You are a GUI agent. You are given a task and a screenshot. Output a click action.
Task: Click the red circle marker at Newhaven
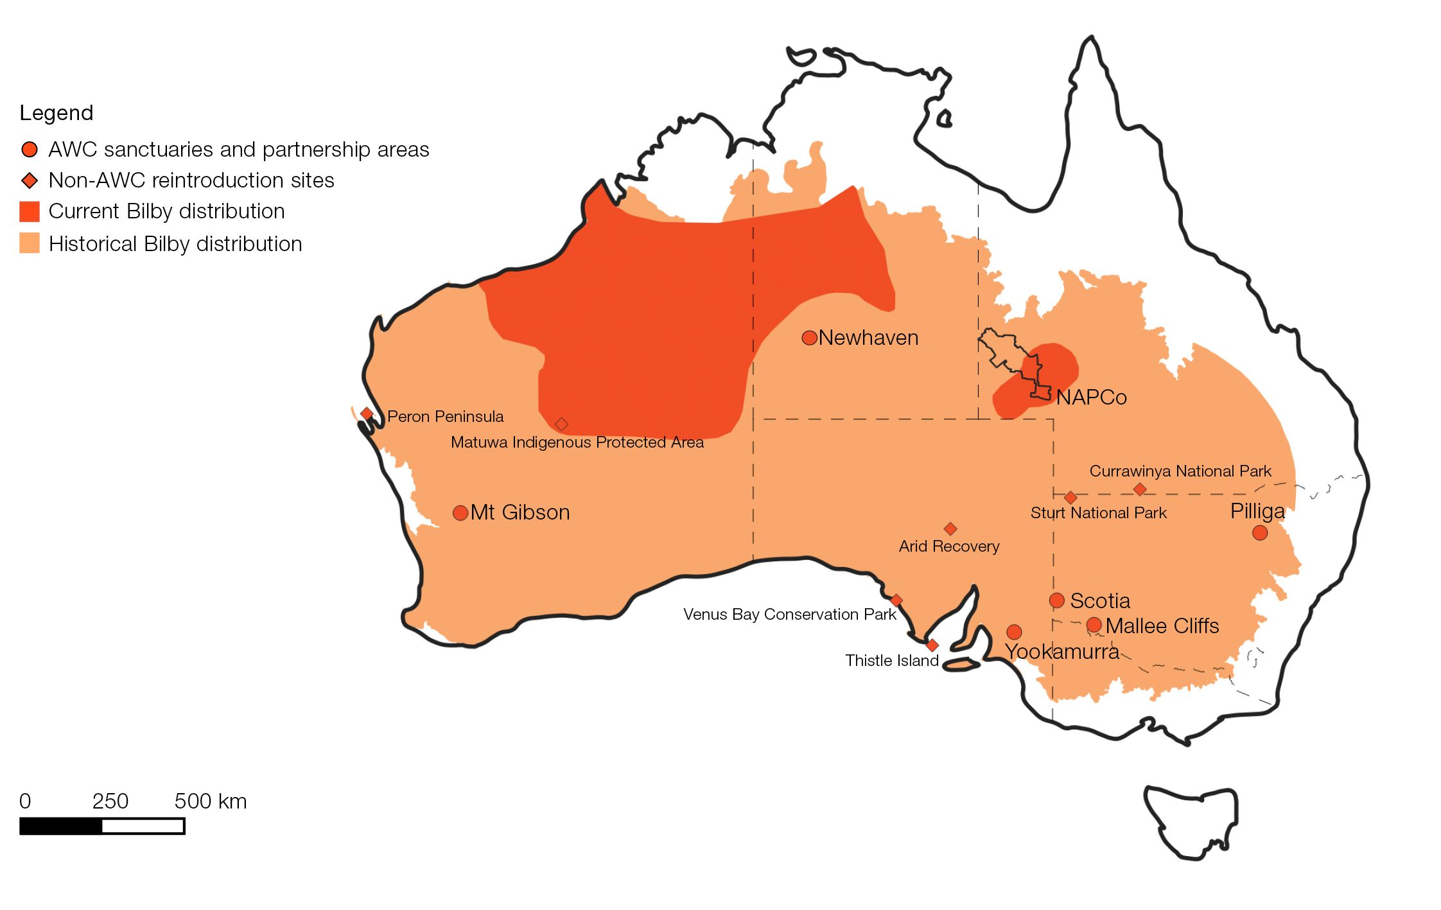coord(809,338)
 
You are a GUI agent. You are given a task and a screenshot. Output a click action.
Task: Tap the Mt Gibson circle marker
coord(460,513)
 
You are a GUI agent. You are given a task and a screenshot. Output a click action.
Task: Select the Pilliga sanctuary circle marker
coord(1259,532)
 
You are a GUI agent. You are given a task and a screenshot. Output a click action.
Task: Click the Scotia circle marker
coord(1056,600)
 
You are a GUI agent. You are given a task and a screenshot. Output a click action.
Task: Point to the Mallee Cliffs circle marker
coord(1094,625)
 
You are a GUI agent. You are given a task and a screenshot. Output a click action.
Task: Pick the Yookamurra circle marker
coord(1014,632)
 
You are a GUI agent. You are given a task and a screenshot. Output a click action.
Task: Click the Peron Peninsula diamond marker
coord(367,414)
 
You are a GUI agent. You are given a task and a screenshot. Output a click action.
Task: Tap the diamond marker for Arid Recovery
coord(950,529)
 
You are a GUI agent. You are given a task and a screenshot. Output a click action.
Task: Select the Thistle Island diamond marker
coord(932,645)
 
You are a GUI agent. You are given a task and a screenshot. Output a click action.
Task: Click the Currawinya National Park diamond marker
coord(1140,489)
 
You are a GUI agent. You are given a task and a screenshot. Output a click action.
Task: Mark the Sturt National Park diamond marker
coord(1070,498)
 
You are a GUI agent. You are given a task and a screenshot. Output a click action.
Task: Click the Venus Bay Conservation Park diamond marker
coord(896,600)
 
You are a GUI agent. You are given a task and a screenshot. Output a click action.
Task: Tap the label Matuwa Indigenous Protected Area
coord(577,442)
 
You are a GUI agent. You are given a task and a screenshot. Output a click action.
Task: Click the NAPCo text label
coord(1091,398)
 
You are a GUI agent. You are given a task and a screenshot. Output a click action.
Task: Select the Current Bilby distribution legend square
coord(30,211)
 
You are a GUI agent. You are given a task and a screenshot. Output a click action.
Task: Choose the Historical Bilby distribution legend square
coord(30,243)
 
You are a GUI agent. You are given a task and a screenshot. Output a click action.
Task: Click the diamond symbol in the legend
coord(30,180)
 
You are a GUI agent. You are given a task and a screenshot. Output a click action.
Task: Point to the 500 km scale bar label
coord(210,801)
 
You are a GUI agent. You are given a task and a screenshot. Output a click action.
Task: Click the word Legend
coord(57,113)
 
